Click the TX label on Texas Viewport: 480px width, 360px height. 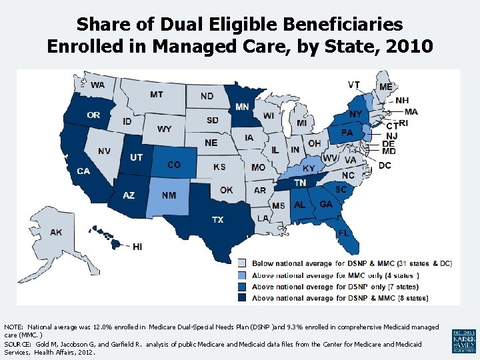pyautogui.click(x=217, y=219)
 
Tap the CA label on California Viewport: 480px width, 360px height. pyautogui.click(x=83, y=171)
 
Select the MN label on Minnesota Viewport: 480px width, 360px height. pyautogui.click(x=243, y=107)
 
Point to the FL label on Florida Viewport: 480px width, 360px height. pyautogui.click(x=343, y=233)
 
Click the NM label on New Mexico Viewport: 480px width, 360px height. pyautogui.click(x=169, y=195)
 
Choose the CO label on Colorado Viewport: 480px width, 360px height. pyautogui.click(x=173, y=165)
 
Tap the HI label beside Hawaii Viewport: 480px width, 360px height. pyautogui.click(x=137, y=247)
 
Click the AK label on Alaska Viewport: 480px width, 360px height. pyautogui.click(x=56, y=232)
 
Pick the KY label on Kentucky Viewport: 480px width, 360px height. pyautogui.click(x=309, y=169)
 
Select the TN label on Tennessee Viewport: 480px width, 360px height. pyautogui.click(x=300, y=183)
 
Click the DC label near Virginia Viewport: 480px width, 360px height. pyautogui.click(x=385, y=165)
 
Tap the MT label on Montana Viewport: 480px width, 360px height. pyautogui.click(x=156, y=95)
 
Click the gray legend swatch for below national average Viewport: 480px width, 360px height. pyautogui.click(x=243, y=264)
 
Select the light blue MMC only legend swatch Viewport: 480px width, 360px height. pyautogui.click(x=243, y=275)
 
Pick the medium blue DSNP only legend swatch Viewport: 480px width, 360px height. pyautogui.click(x=243, y=287)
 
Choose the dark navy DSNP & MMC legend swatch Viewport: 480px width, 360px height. pyautogui.click(x=243, y=298)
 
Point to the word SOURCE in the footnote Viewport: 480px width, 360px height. pyautogui.click(x=18, y=344)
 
